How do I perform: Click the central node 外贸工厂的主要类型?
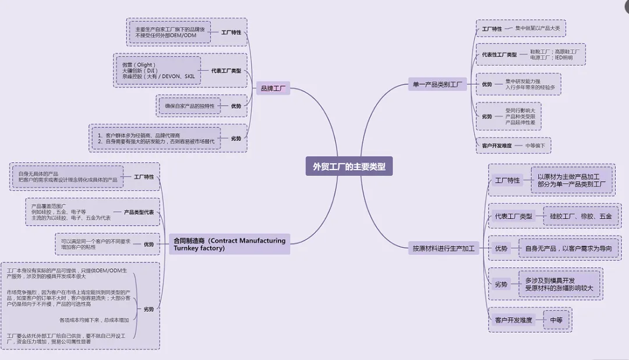click(349, 167)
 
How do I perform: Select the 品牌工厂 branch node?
click(273, 89)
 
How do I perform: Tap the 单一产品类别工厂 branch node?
click(436, 85)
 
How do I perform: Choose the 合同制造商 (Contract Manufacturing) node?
click(229, 244)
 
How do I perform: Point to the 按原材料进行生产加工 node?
click(443, 248)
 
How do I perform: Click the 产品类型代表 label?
click(139, 213)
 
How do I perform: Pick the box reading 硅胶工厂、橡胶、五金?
click(581, 216)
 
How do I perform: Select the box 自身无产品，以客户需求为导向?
click(567, 248)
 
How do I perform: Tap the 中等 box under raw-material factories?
click(556, 320)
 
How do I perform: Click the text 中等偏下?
click(535, 145)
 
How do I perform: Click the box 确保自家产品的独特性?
click(189, 106)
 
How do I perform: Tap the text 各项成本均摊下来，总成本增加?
click(94, 320)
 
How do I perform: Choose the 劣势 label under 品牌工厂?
click(236, 139)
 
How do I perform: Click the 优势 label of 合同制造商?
click(149, 245)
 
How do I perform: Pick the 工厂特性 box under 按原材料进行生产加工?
click(507, 181)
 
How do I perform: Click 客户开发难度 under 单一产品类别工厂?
click(497, 145)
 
